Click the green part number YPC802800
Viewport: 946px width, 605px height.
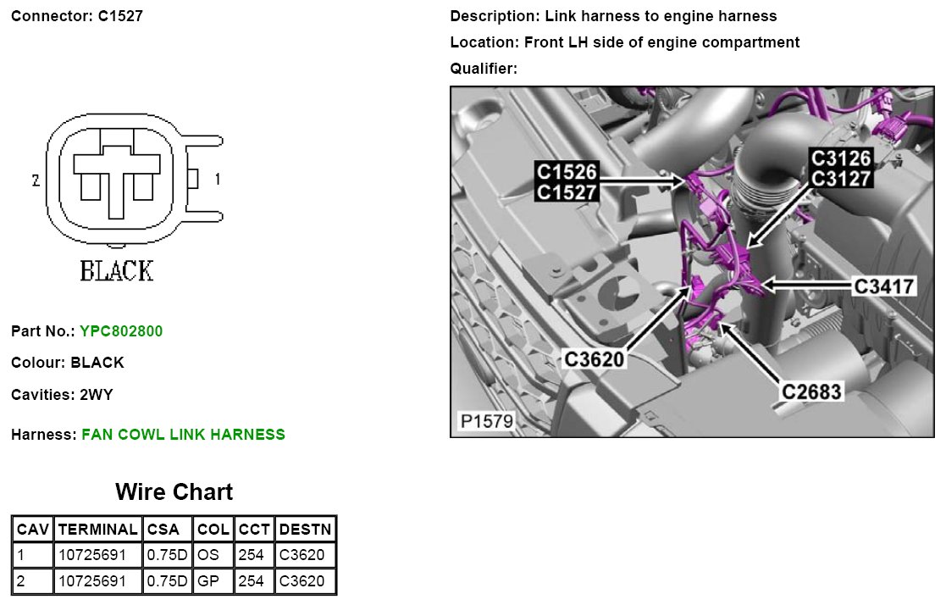click(121, 330)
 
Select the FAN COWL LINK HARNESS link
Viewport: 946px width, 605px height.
click(184, 434)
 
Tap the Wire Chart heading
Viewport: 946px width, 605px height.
click(174, 491)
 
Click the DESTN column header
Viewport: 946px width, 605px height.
click(305, 530)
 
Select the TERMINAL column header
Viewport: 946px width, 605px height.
click(97, 530)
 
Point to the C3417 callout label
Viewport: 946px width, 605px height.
click(884, 286)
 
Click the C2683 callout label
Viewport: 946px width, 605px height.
click(811, 391)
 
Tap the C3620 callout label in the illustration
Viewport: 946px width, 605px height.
click(595, 359)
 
